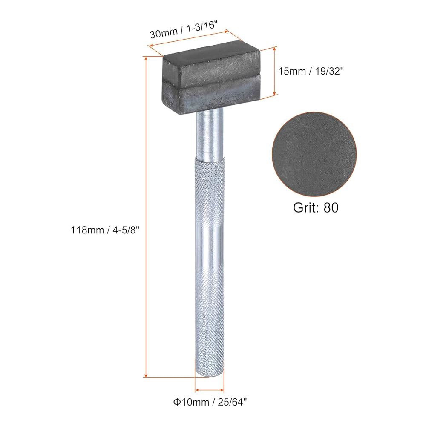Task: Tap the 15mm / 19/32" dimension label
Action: tap(311, 71)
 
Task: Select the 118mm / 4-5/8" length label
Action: tap(105, 230)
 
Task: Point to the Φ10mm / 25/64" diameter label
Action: tap(210, 402)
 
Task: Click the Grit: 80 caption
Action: tap(316, 207)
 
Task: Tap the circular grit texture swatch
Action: tap(314, 154)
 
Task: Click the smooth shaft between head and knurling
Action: tap(210, 135)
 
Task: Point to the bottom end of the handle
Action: tap(210, 375)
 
